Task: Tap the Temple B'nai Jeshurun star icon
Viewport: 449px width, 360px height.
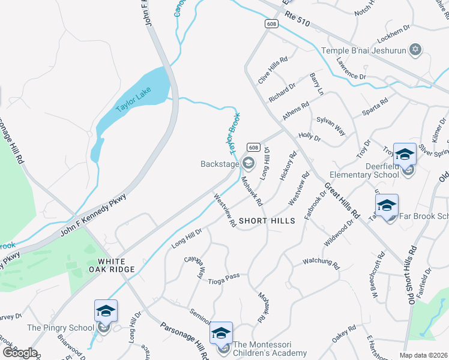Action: pyautogui.click(x=414, y=49)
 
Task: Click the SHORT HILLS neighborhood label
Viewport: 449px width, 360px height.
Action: pyautogui.click(x=267, y=221)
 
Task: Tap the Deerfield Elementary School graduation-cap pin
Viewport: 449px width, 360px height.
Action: pyautogui.click(x=405, y=154)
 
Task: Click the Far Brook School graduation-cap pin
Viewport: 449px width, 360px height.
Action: pyautogui.click(x=387, y=205)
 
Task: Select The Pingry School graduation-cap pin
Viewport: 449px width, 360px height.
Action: pyautogui.click(x=106, y=311)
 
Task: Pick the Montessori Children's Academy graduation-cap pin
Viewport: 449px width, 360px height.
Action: pyautogui.click(x=221, y=333)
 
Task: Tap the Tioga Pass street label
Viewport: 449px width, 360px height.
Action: pyautogui.click(x=224, y=277)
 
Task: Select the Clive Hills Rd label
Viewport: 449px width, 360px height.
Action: pyautogui.click(x=273, y=70)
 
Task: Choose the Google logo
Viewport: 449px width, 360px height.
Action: pyautogui.click(x=19, y=352)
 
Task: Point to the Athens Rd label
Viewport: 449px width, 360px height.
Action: pyautogui.click(x=296, y=110)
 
